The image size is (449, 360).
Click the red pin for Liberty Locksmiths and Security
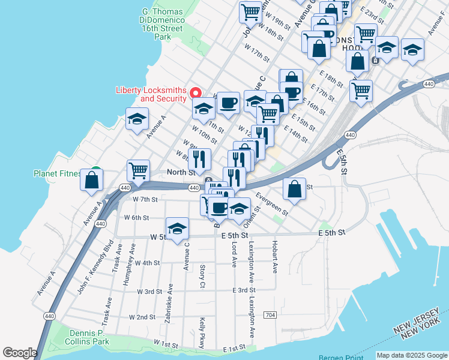pos(195,92)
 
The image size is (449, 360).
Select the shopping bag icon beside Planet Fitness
pos(92,180)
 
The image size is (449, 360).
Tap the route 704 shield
pos(270,315)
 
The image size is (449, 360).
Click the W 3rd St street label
pos(149,292)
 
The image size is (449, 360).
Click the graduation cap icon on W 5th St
pos(178,229)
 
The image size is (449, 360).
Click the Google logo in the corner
pos(20,352)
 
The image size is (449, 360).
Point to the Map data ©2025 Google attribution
pos(412,355)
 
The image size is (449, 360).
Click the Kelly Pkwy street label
pos(203,332)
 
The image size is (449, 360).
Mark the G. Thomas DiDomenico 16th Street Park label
pos(163,23)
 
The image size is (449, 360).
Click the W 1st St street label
pos(166,345)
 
